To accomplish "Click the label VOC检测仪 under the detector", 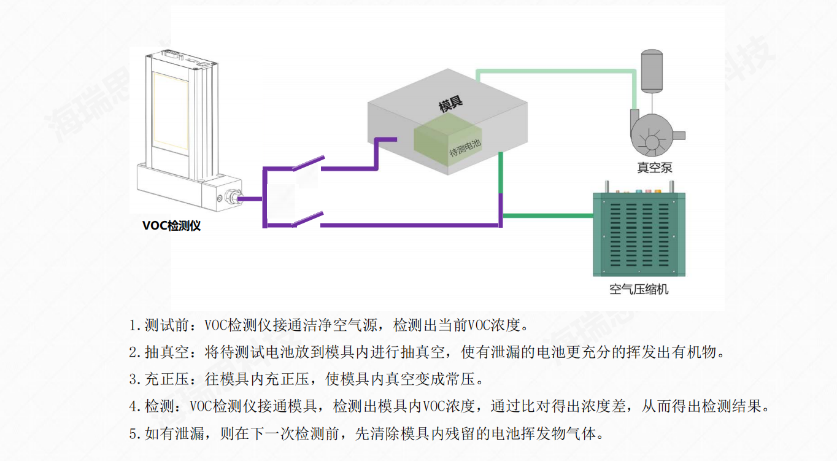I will point(171,226).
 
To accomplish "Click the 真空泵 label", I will point(655,167).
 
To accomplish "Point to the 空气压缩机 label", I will point(639,289).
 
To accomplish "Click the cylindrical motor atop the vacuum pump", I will point(651,70).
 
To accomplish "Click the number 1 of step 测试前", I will point(132,324).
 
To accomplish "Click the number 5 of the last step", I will point(132,434).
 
